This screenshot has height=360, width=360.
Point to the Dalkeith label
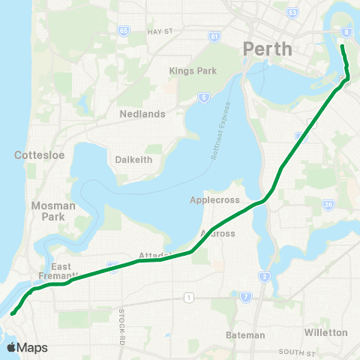(x=134, y=159)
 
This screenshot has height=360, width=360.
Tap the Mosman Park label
(x=48, y=211)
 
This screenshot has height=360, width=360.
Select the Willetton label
(x=326, y=331)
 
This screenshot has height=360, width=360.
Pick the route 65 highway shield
(x=123, y=31)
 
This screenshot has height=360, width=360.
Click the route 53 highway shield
(x=292, y=13)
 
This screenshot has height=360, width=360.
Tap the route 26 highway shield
(x=328, y=204)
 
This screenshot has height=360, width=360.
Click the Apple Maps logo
(x=27, y=347)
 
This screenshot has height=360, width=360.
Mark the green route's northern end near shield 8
(x=342, y=46)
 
